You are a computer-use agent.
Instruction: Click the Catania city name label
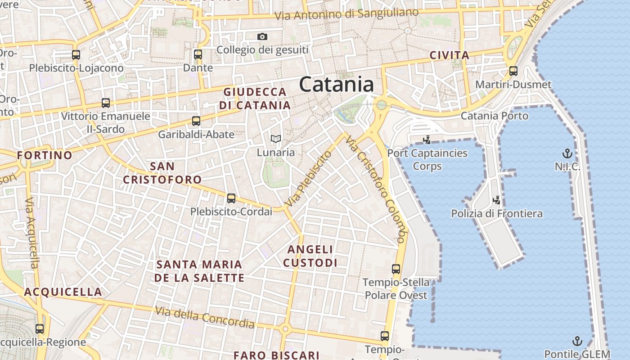[336, 85]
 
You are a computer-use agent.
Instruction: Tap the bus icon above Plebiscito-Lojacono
[76, 55]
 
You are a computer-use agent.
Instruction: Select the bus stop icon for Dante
[198, 54]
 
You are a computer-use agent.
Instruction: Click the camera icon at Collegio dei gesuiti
[262, 36]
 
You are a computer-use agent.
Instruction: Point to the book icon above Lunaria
[276, 139]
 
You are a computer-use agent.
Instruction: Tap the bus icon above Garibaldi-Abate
[196, 121]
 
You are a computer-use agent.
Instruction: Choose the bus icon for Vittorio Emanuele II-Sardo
[106, 103]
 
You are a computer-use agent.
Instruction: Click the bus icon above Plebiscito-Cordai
[231, 198]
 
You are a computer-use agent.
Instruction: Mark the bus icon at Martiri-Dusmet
[513, 71]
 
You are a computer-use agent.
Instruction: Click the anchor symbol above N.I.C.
[567, 153]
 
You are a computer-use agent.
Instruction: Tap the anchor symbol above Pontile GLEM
[577, 341]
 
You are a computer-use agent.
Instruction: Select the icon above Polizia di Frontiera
[497, 200]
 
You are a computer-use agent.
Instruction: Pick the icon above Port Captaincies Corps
[427, 139]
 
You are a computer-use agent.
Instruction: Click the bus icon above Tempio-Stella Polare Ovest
[396, 269]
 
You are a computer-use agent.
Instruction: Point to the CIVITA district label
[449, 55]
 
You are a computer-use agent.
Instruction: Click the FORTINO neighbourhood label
[45, 156]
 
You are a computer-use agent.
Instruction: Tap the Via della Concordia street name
[205, 317]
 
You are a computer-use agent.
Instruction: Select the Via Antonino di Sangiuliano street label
[346, 14]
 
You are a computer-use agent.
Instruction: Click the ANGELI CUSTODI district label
[310, 256]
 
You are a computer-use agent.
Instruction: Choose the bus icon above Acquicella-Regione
[40, 329]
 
